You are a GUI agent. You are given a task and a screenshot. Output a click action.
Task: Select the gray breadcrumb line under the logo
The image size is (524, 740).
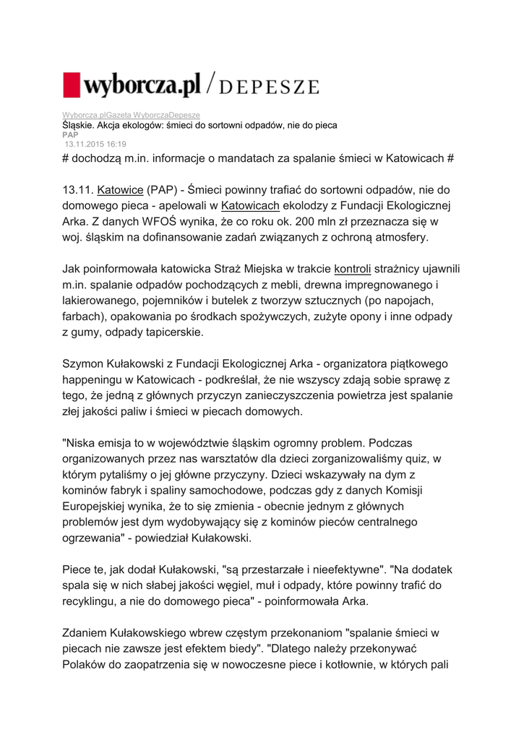131,116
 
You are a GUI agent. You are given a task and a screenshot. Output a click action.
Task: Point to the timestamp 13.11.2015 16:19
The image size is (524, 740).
95,144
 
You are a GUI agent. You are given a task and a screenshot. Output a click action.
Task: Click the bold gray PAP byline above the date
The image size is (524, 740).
69,134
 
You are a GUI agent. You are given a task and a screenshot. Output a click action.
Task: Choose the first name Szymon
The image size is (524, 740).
84,363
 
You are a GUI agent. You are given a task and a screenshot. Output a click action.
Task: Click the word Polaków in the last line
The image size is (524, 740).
88,663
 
